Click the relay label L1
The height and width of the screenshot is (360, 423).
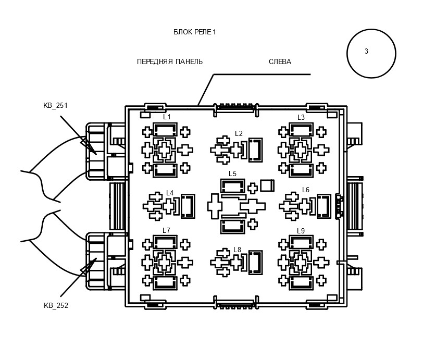coord(167,117)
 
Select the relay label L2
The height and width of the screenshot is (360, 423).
coord(239,133)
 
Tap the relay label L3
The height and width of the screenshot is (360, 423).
coord(301,117)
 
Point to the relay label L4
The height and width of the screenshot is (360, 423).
coord(170,193)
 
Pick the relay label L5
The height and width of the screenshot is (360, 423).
coord(232,173)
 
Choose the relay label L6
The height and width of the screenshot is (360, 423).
coord(306,190)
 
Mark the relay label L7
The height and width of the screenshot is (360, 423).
coord(167,230)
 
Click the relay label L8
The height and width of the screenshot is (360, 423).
coord(237,250)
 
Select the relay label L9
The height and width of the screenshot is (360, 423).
coord(301,231)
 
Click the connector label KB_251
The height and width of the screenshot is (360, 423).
coord(55,105)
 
